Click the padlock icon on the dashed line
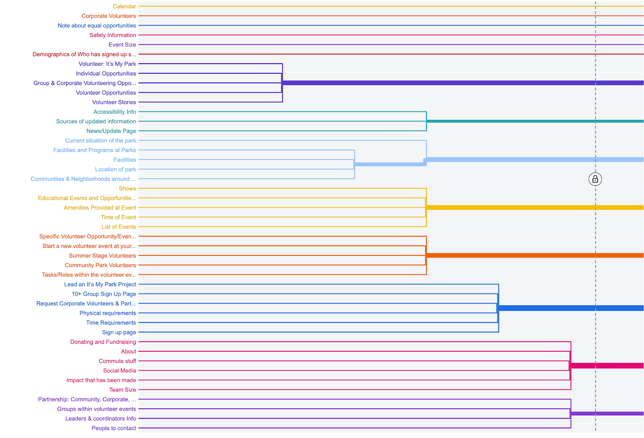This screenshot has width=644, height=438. coord(595,179)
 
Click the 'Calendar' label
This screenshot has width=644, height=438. coord(124,6)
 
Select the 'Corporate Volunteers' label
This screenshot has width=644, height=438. coord(109,16)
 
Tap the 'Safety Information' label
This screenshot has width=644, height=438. coord(113,35)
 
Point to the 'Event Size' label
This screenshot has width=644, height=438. coord(122,45)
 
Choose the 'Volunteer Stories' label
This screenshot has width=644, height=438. coord(114,102)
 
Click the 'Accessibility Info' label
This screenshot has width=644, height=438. coord(115,112)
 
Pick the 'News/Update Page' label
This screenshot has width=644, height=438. coord(111,131)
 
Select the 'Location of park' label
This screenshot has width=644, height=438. coord(115,169)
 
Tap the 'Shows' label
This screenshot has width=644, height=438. coord(127,188)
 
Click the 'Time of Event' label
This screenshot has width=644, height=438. coord(118,217)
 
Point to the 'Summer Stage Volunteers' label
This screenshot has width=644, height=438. coord(103,255)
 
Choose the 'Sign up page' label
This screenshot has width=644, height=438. coord(119,332)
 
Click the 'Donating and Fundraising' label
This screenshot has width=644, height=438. coord(103,342)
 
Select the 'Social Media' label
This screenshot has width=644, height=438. coord(120,371)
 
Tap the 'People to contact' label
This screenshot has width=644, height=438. coord(114,428)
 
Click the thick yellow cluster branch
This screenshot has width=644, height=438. coord(523,207)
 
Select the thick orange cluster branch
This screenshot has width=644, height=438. coord(523,255)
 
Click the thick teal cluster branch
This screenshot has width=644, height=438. coord(523,121)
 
